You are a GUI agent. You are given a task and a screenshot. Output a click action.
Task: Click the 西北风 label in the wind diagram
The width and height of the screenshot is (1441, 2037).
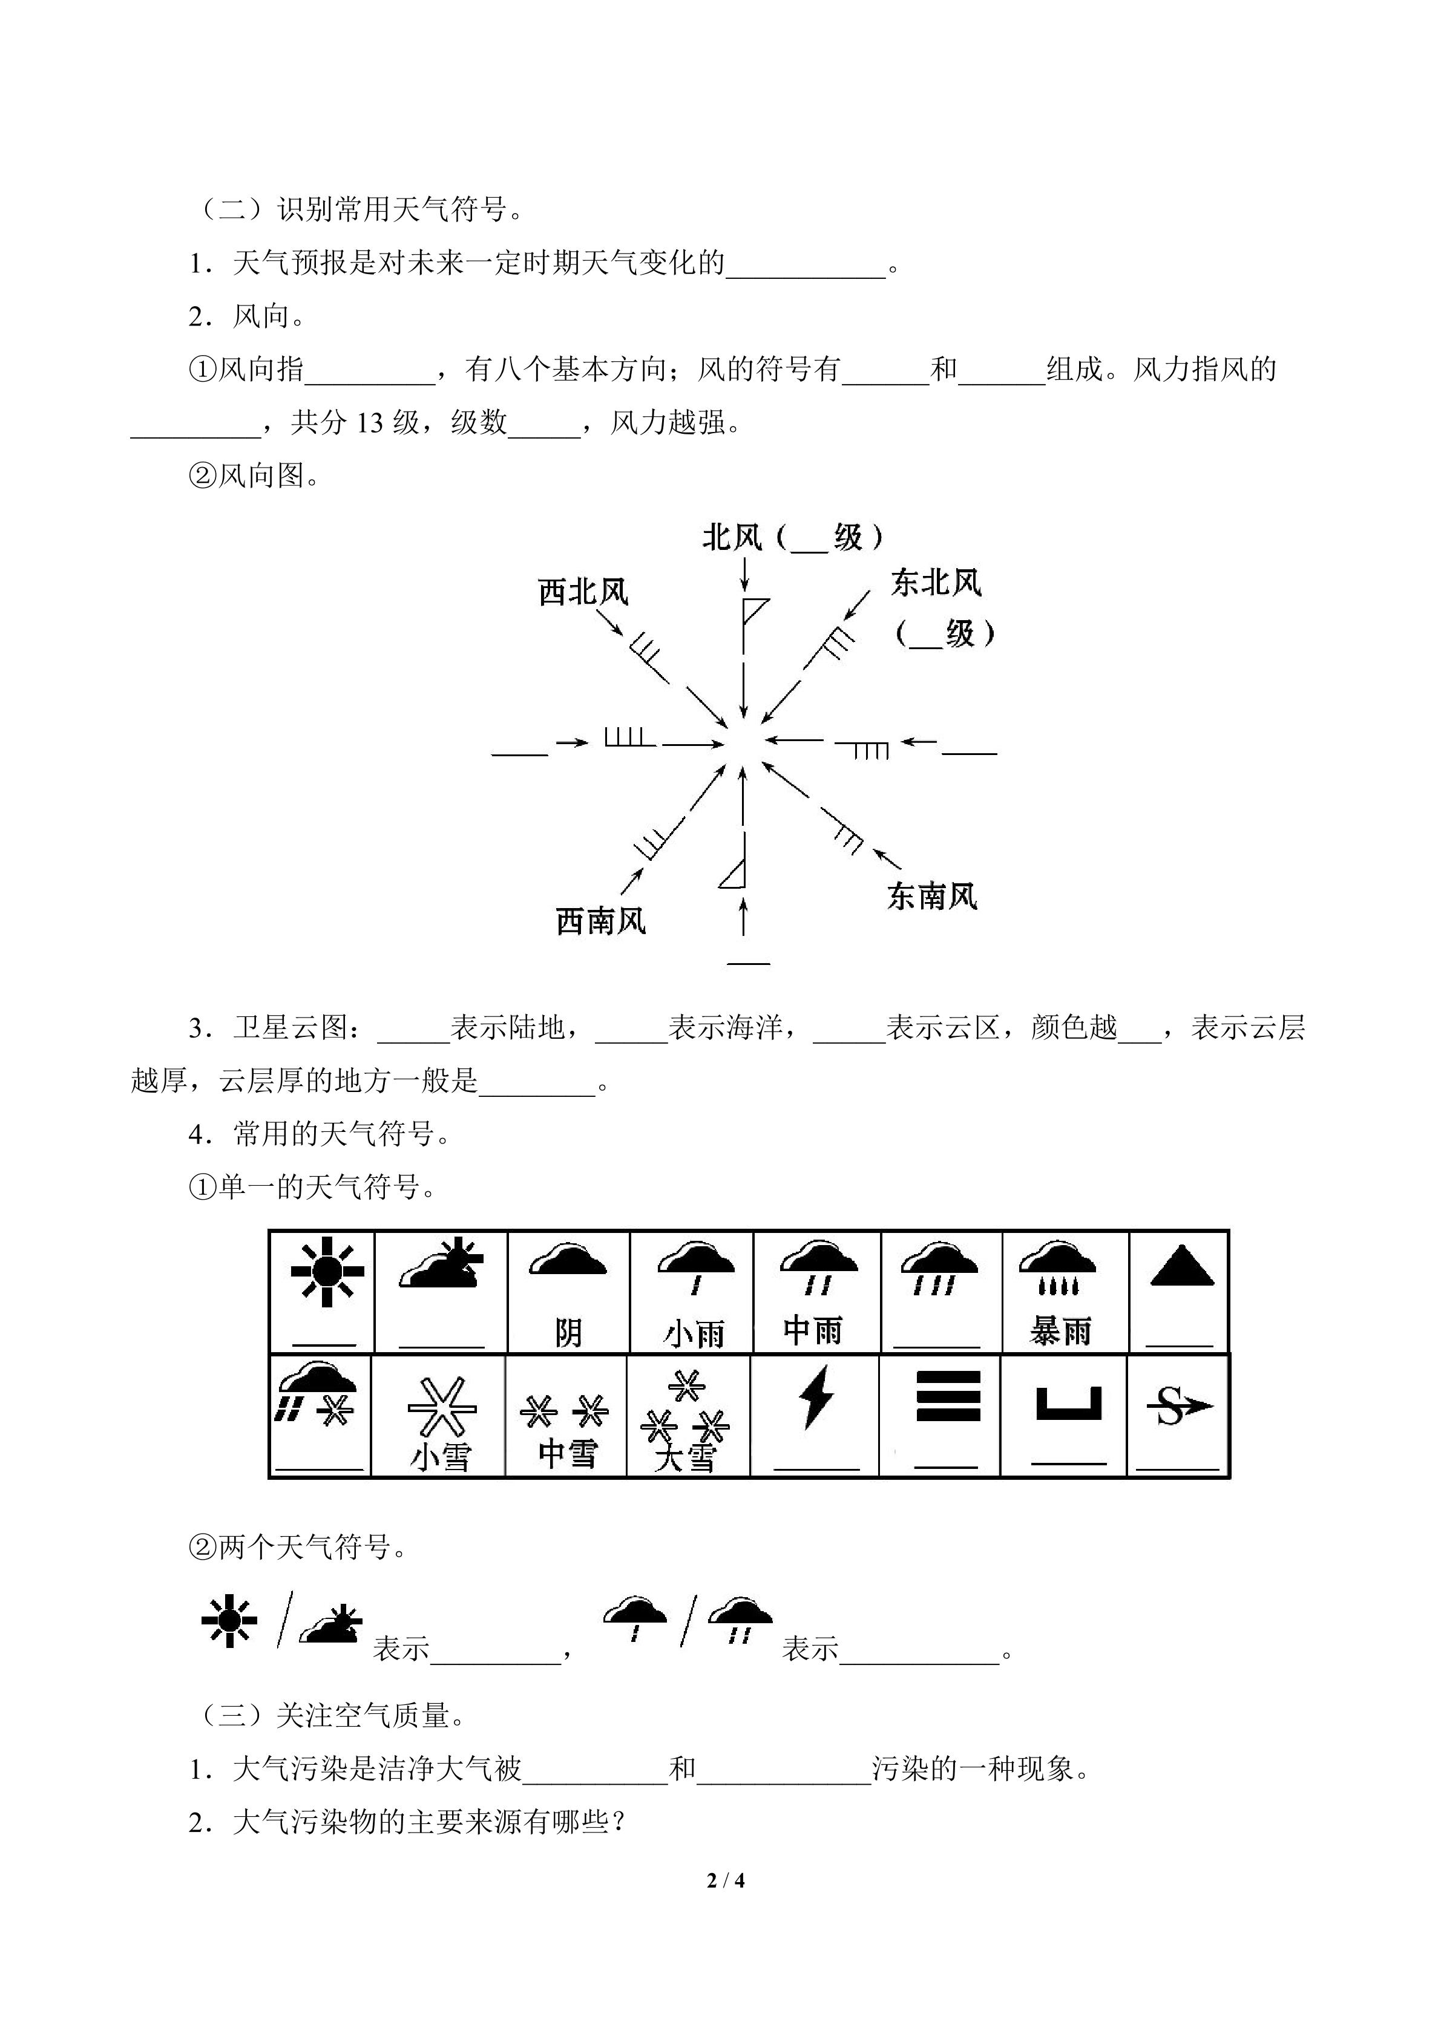(583, 592)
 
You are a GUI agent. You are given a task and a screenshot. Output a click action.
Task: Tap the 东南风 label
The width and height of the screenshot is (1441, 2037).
(931, 896)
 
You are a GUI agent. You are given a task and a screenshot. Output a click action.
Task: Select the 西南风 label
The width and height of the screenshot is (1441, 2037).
(601, 921)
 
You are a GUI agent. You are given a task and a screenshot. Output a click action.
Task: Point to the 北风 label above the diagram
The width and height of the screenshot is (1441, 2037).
(733, 537)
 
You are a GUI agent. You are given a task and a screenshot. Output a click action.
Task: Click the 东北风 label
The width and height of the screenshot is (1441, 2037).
(936, 583)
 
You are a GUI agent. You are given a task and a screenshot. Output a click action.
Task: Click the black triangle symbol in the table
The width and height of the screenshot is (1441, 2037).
(1181, 1267)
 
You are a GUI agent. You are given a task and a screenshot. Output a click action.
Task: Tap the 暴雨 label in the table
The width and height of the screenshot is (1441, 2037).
(1060, 1331)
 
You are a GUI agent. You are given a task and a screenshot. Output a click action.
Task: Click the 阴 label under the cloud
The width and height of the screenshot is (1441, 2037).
(568, 1333)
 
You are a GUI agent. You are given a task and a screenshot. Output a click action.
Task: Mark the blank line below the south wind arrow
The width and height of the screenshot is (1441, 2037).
(748, 963)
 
